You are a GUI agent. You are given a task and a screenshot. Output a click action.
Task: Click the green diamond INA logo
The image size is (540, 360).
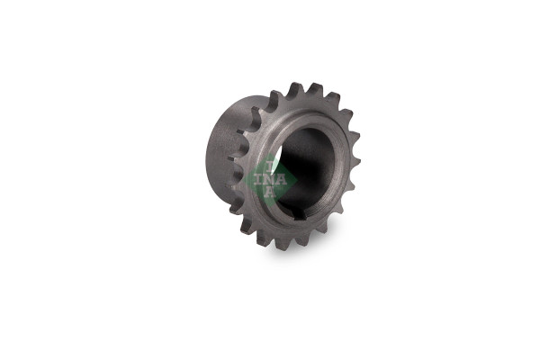point(270,179)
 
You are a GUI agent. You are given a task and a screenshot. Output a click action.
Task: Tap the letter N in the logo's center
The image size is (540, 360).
point(270,180)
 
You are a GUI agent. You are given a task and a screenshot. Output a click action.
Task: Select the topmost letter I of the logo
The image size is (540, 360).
point(270,167)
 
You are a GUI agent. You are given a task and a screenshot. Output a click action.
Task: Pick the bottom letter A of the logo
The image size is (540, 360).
point(270,192)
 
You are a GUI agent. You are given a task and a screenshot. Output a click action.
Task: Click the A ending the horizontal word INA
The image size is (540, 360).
point(282,180)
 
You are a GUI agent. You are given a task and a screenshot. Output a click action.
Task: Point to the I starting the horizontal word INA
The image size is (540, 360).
point(258,180)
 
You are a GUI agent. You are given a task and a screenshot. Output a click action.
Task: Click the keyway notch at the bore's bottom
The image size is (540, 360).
point(300,215)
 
